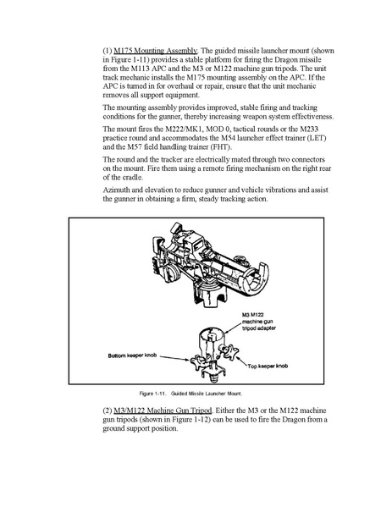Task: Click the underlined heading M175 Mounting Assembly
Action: [x=155, y=51]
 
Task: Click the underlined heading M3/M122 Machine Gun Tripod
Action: [x=163, y=411]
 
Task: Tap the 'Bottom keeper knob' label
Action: [x=132, y=355]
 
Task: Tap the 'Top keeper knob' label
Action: [x=268, y=366]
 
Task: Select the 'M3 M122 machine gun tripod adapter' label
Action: [x=259, y=322]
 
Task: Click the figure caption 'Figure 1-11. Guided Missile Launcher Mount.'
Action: [x=190, y=394]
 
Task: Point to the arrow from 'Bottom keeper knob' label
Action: [x=175, y=359]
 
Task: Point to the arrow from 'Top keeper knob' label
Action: [x=242, y=361]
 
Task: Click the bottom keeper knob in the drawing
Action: [x=198, y=361]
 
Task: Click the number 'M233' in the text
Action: [x=309, y=130]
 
